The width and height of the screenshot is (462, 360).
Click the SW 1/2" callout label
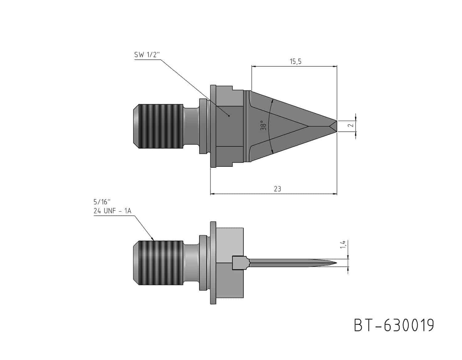(x=147, y=54)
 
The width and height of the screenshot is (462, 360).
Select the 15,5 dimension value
(x=296, y=61)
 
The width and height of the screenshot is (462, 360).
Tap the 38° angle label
(x=263, y=125)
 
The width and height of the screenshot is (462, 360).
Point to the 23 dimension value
(x=278, y=189)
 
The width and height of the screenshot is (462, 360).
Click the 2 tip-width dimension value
(x=351, y=125)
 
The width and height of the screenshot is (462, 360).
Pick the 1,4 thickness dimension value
(x=343, y=244)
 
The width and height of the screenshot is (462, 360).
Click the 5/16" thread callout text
(x=102, y=202)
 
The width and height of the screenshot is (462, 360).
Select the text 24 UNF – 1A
(x=112, y=211)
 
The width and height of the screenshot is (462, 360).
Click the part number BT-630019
(x=394, y=325)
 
